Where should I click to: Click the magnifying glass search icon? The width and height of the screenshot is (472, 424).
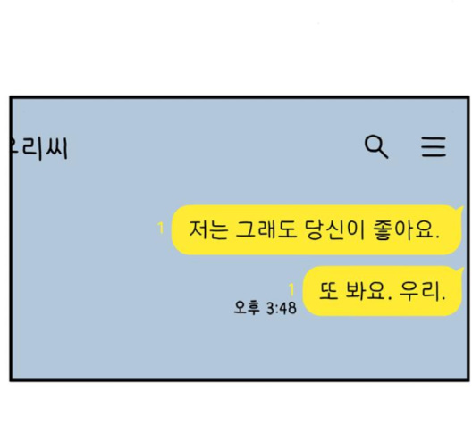pos(376,146)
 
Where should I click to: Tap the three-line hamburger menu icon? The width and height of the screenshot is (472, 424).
pos(434,146)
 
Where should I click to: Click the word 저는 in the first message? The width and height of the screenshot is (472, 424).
pos(208,230)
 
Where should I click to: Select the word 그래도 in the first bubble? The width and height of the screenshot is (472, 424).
pos(265,230)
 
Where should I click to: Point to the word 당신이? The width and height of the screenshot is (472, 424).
pos(334,230)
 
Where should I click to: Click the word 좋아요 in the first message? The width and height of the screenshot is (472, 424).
pos(403,230)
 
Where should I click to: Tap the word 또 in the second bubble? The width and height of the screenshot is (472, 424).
pos(328,291)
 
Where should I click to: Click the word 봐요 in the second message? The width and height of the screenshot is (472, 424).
pos(365,291)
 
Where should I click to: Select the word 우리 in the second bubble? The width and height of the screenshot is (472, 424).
pos(419,291)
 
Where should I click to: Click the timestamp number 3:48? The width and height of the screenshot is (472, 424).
pos(282,308)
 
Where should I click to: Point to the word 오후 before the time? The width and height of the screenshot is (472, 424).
pos(246,308)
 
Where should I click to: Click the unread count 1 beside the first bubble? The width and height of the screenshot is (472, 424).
pos(161,228)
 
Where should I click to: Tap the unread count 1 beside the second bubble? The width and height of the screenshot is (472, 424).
pos(291,290)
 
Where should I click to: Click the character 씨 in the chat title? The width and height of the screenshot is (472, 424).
pos(56,148)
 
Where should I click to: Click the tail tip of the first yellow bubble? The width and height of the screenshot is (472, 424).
pos(463,207)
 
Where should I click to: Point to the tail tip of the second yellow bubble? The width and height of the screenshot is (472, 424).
pos(463,268)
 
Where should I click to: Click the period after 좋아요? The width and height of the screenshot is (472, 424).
pos(437,237)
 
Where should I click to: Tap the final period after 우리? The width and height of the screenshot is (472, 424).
pos(442,299)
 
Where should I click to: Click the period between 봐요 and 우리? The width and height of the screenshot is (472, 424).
pos(390,298)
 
